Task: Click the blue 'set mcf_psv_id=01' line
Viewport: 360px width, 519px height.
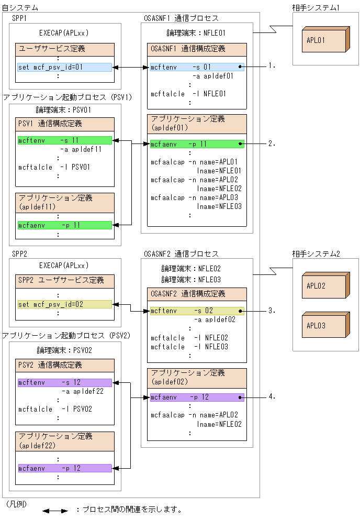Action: point(64,67)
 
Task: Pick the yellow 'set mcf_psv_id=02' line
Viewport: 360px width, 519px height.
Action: point(64,304)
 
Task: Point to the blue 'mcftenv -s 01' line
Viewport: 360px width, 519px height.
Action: point(197,67)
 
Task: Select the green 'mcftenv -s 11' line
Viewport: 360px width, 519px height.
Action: point(64,140)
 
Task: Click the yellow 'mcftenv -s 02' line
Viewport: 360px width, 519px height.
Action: point(197,311)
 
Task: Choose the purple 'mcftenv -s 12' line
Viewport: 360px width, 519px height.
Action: point(64,383)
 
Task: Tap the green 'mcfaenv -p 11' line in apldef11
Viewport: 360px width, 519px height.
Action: point(64,225)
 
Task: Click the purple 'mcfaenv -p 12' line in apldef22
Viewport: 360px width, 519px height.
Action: point(64,468)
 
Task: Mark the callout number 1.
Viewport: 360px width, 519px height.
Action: point(271,67)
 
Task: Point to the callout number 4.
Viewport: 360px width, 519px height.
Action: point(271,397)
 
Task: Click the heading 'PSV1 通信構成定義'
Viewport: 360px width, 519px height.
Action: point(50,124)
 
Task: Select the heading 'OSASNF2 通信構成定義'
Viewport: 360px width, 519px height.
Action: point(188,294)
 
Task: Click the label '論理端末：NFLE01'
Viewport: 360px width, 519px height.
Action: point(192,33)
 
